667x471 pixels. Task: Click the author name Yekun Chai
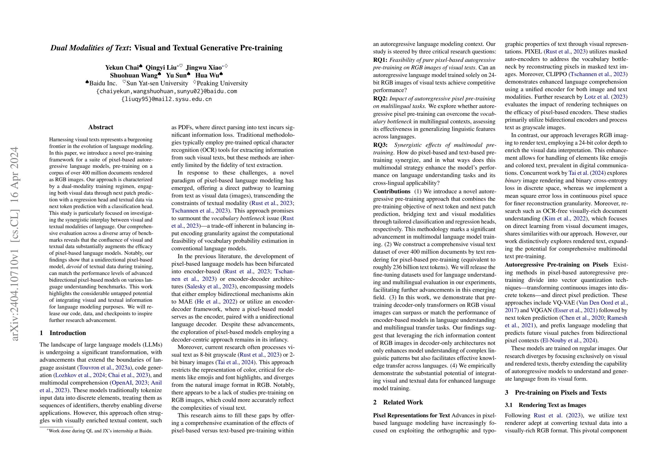click(x=122, y=68)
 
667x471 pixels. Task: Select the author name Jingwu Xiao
click(x=204, y=68)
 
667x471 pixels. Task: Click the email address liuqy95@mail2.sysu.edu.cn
click(x=166, y=99)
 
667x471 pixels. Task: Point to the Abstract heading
click(x=101, y=127)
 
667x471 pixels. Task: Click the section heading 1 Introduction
click(x=63, y=333)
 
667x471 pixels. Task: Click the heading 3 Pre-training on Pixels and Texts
click(x=556, y=392)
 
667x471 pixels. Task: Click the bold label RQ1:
click(x=380, y=60)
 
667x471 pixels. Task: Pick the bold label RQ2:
click(x=380, y=99)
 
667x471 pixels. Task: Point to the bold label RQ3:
click(x=380, y=145)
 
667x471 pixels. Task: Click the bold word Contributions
click(x=391, y=192)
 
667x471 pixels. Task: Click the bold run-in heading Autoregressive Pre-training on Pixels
click(x=556, y=265)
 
